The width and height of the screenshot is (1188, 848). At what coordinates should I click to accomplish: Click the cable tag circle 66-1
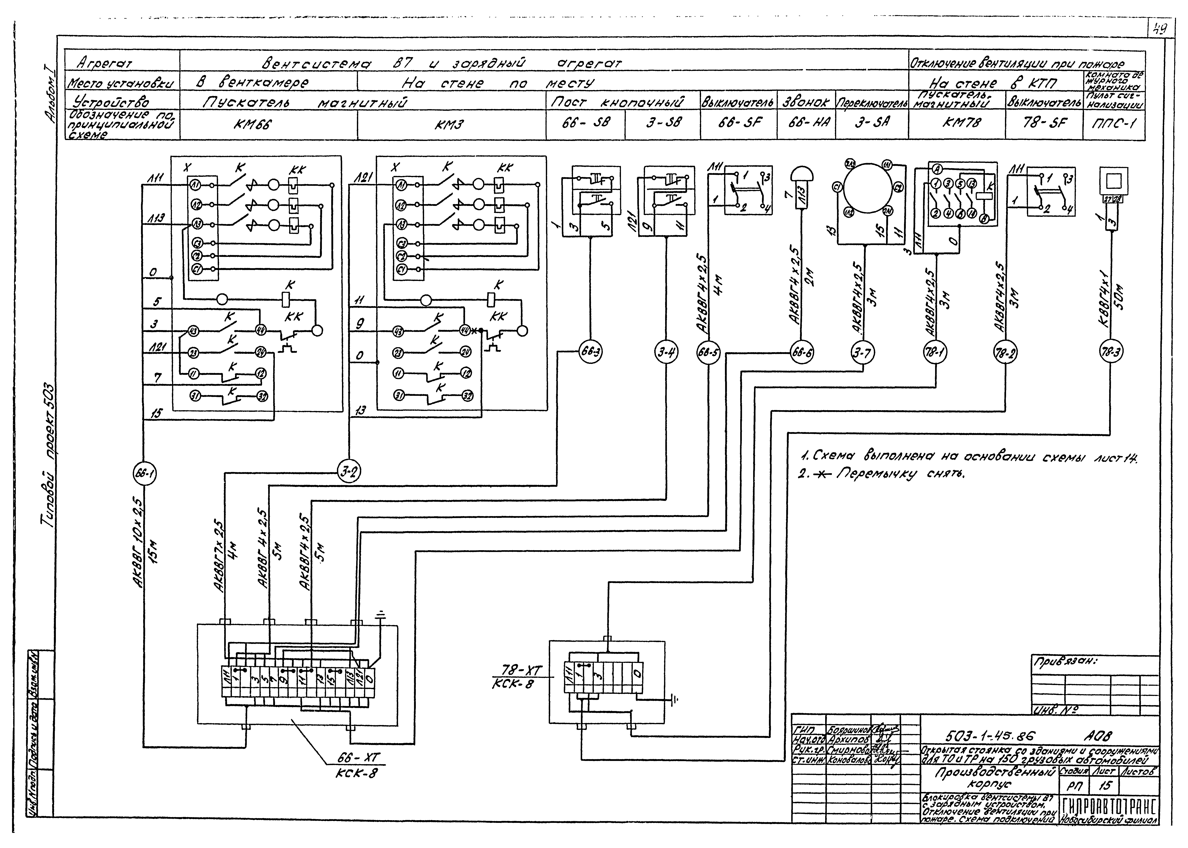point(143,474)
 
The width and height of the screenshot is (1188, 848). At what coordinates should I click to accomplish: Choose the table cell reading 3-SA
point(871,123)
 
